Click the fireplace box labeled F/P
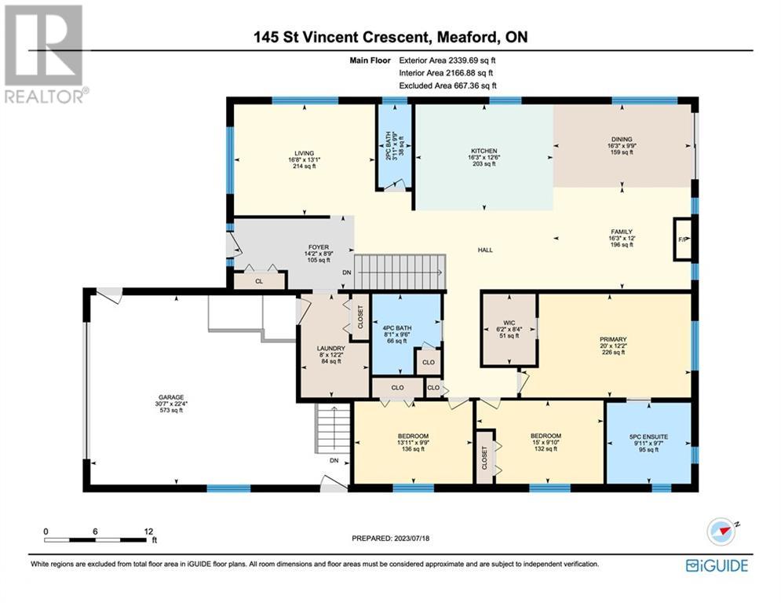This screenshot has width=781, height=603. pyautogui.click(x=682, y=239)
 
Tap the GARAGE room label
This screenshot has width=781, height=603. pyautogui.click(x=171, y=397)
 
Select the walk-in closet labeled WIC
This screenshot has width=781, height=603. pyautogui.click(x=509, y=330)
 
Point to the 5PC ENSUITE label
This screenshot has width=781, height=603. pyautogui.click(x=648, y=437)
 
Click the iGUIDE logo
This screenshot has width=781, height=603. pyautogui.click(x=717, y=565)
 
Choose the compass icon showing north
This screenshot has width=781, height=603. pyautogui.click(x=721, y=532)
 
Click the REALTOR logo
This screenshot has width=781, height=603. pyautogui.click(x=44, y=54)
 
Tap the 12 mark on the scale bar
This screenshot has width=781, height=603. pyautogui.click(x=148, y=532)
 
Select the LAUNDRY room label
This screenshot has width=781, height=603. pyautogui.click(x=330, y=349)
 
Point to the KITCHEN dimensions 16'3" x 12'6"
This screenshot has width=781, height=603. pyautogui.click(x=484, y=157)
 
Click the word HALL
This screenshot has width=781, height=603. pyautogui.click(x=485, y=250)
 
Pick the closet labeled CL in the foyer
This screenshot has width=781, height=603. pyautogui.click(x=260, y=280)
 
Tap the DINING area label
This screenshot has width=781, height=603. pyautogui.click(x=622, y=139)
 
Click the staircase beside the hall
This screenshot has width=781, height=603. pyautogui.click(x=400, y=272)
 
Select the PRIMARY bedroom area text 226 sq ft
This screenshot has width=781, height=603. pyautogui.click(x=613, y=353)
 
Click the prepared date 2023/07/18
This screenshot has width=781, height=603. pyautogui.click(x=411, y=538)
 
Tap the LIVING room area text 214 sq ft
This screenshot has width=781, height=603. pyautogui.click(x=305, y=166)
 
